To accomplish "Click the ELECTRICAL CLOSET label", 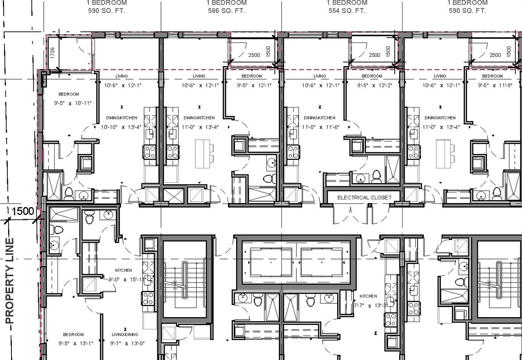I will pos(364,197).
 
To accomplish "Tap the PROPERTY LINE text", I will pos(10,281).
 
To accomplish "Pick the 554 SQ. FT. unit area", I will pos(347,11).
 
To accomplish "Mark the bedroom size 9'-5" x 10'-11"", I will pos(69,102).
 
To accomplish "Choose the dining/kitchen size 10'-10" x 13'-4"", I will pos(121,127).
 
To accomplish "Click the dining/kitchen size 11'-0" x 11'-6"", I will pos(321,127).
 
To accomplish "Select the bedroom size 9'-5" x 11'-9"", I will pos(492,85).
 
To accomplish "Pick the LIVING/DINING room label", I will pos(125,335).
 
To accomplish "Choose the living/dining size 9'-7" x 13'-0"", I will pos(128,343).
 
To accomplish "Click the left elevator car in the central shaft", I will pos(270,262).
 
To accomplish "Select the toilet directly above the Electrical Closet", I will pos(376,176).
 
